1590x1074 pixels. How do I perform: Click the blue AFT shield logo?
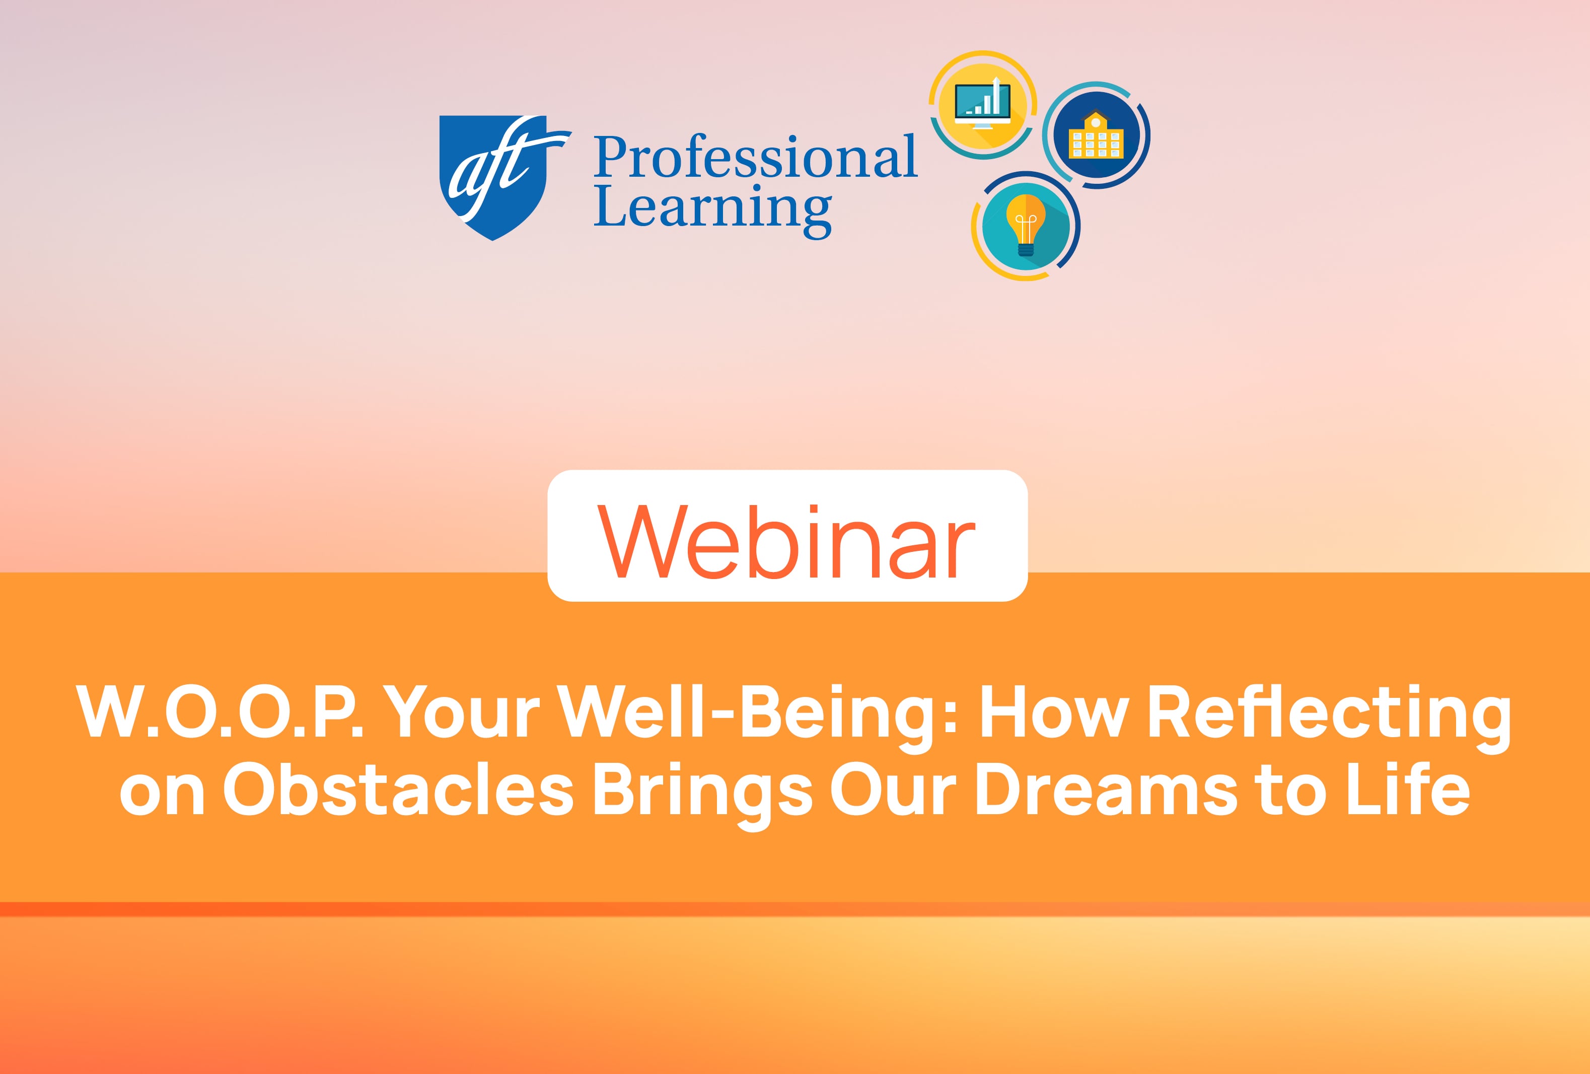[493, 177]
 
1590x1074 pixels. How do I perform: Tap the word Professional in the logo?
[755, 157]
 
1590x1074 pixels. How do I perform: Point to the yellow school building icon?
[1096, 136]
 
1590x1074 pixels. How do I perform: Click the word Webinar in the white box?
[787, 542]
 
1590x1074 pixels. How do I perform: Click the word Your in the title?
[461, 711]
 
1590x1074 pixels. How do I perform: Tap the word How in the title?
[1054, 711]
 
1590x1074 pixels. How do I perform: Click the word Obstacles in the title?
[398, 790]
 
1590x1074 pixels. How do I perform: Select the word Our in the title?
[892, 790]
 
